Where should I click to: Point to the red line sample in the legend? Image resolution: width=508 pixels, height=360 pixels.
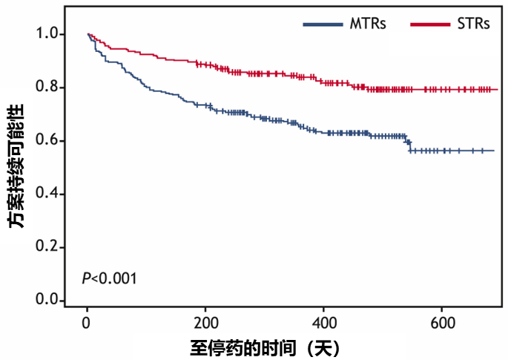coord(429,24)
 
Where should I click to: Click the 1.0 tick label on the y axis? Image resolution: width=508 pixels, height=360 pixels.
coord(46,34)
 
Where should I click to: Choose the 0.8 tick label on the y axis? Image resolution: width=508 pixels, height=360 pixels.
coord(46,88)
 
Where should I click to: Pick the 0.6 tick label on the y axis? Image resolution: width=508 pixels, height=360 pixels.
coord(46,141)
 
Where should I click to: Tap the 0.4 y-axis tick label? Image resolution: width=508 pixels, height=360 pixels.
coord(46,194)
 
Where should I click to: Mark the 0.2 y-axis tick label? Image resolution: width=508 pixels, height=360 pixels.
coord(46,247)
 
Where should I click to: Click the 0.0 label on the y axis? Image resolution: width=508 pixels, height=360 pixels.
coord(46,300)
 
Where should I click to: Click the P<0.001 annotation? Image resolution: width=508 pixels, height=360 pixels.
coord(109,278)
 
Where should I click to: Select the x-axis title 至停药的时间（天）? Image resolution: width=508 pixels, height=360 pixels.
coord(263,347)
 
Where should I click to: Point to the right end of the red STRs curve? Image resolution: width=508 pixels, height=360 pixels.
coord(496,90)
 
